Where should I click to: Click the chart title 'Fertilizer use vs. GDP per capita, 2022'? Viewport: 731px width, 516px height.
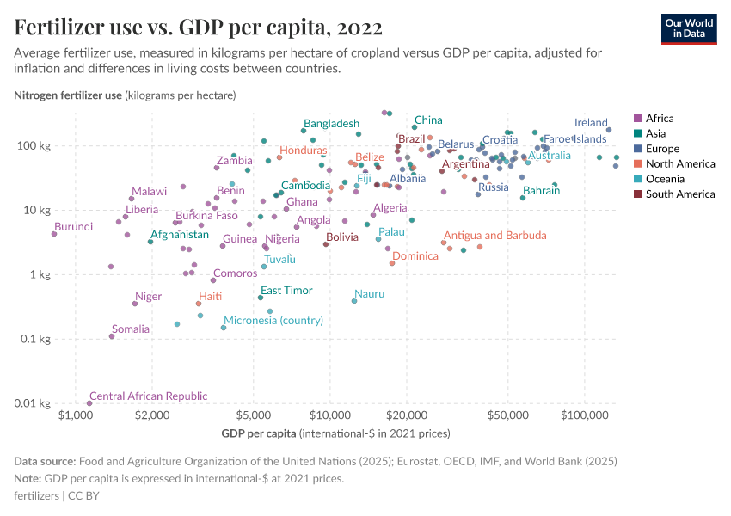coord(199,27)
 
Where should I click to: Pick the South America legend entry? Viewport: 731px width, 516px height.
coord(674,194)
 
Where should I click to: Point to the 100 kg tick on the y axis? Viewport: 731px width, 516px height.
coord(40,145)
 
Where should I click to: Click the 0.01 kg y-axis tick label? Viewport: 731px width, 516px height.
coord(38,403)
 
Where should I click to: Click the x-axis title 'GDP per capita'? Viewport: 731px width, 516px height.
coord(259,433)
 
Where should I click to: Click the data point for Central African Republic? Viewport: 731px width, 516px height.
coord(89,403)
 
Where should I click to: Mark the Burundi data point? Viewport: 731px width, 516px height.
coord(54,234)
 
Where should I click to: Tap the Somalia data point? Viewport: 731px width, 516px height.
coord(112,336)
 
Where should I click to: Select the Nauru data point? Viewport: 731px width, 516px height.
coord(354,301)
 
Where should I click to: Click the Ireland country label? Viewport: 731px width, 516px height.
coord(591,123)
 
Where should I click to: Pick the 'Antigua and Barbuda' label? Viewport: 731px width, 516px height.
coord(494,236)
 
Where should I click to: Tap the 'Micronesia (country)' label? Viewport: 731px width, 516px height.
coord(273,321)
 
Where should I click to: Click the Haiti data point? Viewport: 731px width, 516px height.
coord(199,304)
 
